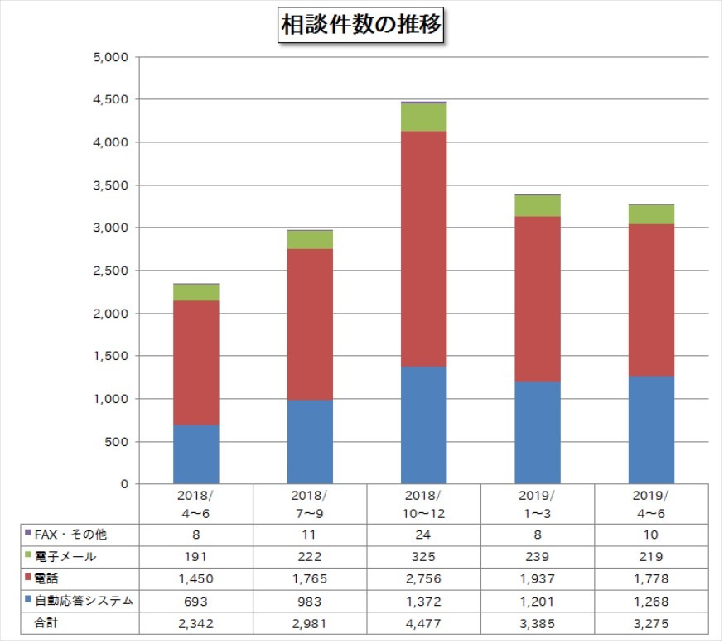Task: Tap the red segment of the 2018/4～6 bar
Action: pos(196,362)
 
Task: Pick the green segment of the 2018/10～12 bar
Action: pos(423,118)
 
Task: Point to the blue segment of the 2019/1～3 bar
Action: pos(538,432)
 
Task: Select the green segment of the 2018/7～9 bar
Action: pos(310,240)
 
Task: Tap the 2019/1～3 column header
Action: pos(538,503)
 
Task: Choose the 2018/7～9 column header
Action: pos(310,503)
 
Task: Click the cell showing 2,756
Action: pos(423,578)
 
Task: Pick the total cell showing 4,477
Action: pos(423,622)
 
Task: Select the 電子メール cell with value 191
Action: pos(196,556)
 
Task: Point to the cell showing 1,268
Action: pos(651,601)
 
